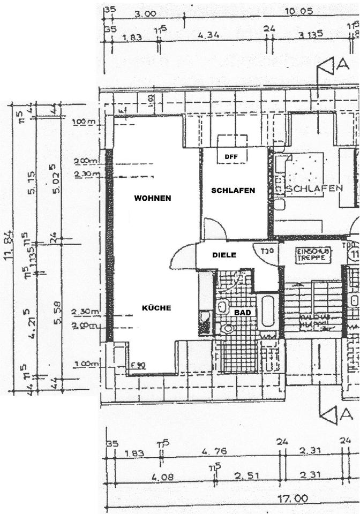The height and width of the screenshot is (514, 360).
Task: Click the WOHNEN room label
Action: coord(153,198)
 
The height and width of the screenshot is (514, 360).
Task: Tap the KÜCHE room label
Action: coord(156,308)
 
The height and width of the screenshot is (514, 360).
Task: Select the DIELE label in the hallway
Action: coord(224,255)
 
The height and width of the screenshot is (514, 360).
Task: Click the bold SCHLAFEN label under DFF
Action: coord(232,190)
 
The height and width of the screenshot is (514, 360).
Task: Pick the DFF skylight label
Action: coord(231,157)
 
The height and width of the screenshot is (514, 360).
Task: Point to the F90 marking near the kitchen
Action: coord(138,365)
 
